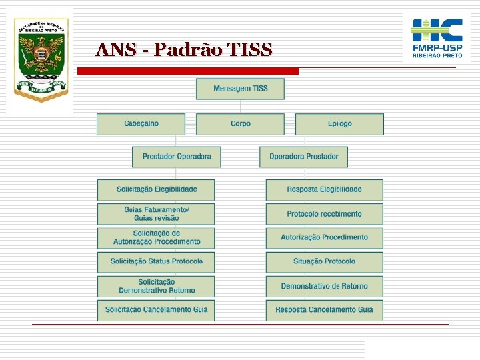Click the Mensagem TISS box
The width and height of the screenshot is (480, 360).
click(x=240, y=89)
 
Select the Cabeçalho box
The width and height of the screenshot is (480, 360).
click(x=141, y=124)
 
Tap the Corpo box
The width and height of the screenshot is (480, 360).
click(x=240, y=124)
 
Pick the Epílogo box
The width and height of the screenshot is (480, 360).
click(x=339, y=124)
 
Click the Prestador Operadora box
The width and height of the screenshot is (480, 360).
click(x=176, y=157)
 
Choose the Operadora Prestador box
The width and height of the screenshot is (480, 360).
click(x=303, y=157)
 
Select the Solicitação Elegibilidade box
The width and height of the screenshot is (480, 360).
click(x=156, y=189)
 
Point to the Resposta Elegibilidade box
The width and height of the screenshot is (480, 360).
click(x=325, y=189)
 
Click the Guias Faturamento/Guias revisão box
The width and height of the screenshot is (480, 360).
click(x=156, y=214)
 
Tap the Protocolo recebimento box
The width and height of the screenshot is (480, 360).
click(x=325, y=214)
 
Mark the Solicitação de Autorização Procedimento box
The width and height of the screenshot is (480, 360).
click(x=156, y=237)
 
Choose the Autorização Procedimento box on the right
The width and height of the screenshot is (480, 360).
click(x=325, y=237)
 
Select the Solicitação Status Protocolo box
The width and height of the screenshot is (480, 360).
click(x=156, y=261)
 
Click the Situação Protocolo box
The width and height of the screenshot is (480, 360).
click(x=325, y=261)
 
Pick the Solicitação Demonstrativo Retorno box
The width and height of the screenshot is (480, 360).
click(x=156, y=286)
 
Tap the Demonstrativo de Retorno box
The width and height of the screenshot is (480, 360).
click(x=325, y=286)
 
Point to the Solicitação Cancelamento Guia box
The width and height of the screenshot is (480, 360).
click(x=156, y=310)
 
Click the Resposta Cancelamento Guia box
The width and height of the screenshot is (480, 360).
click(x=325, y=310)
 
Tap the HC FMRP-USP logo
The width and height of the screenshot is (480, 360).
click(x=437, y=39)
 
